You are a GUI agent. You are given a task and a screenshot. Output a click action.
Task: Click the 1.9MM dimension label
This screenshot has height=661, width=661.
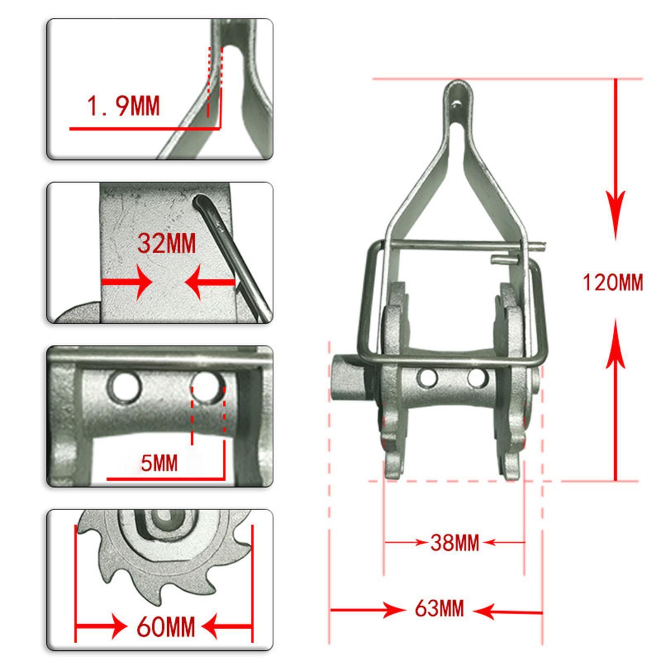pos(123,106)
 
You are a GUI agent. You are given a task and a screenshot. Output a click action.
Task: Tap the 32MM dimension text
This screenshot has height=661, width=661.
pos(166,243)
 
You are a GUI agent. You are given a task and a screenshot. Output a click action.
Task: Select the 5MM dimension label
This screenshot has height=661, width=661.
pos(159,463)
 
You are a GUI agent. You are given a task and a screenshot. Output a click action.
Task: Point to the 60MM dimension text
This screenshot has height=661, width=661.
pos(166,627)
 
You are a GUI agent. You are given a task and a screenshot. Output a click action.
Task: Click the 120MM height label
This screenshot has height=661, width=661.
pos(613,283)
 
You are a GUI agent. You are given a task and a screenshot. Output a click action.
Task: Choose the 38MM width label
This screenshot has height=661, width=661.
pos(454,542)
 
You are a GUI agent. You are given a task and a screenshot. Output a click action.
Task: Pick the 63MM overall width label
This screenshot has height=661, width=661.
pos(439,609)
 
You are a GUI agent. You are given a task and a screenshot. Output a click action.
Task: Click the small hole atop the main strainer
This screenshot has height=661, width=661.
pos(456,104)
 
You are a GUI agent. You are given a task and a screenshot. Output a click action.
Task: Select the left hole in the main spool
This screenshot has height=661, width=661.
pos(428,378)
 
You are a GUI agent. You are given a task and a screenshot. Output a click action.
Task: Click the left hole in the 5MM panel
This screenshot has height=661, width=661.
pos(124,388)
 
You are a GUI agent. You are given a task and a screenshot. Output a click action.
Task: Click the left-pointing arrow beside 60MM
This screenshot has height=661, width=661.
pos(223,627)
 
